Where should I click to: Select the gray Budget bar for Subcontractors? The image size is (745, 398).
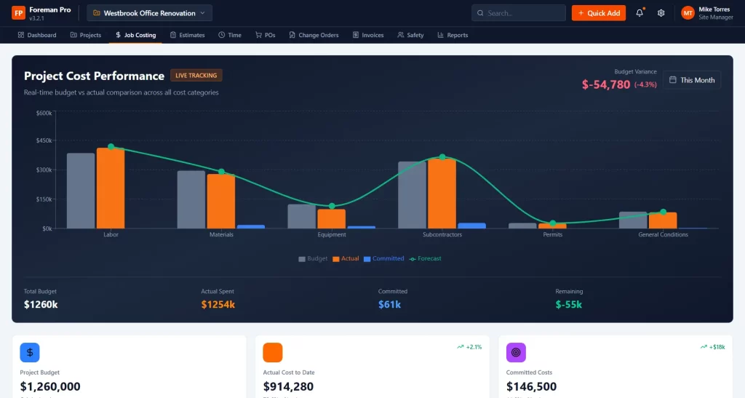(x=412, y=195)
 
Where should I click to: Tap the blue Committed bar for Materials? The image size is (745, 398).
(x=250, y=226)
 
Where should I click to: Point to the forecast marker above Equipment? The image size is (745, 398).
(x=332, y=206)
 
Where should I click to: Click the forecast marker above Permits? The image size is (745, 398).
(x=553, y=223)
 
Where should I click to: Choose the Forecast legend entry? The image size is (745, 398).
(x=425, y=258)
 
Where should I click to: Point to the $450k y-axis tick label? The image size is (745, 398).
(x=44, y=140)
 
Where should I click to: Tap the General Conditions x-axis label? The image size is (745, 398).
(x=663, y=234)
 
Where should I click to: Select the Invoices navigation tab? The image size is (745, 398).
(x=368, y=35)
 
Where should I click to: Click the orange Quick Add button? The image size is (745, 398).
(x=598, y=13)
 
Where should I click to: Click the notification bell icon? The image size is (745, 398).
(x=640, y=13)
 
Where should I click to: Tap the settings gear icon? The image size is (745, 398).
(x=661, y=13)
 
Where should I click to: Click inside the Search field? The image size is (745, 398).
(x=518, y=13)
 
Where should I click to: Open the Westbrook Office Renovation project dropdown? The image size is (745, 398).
(x=149, y=13)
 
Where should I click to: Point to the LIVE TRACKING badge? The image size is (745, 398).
(x=196, y=75)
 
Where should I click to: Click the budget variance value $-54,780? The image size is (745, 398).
(x=606, y=84)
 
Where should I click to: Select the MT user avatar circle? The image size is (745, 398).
(x=688, y=13)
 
